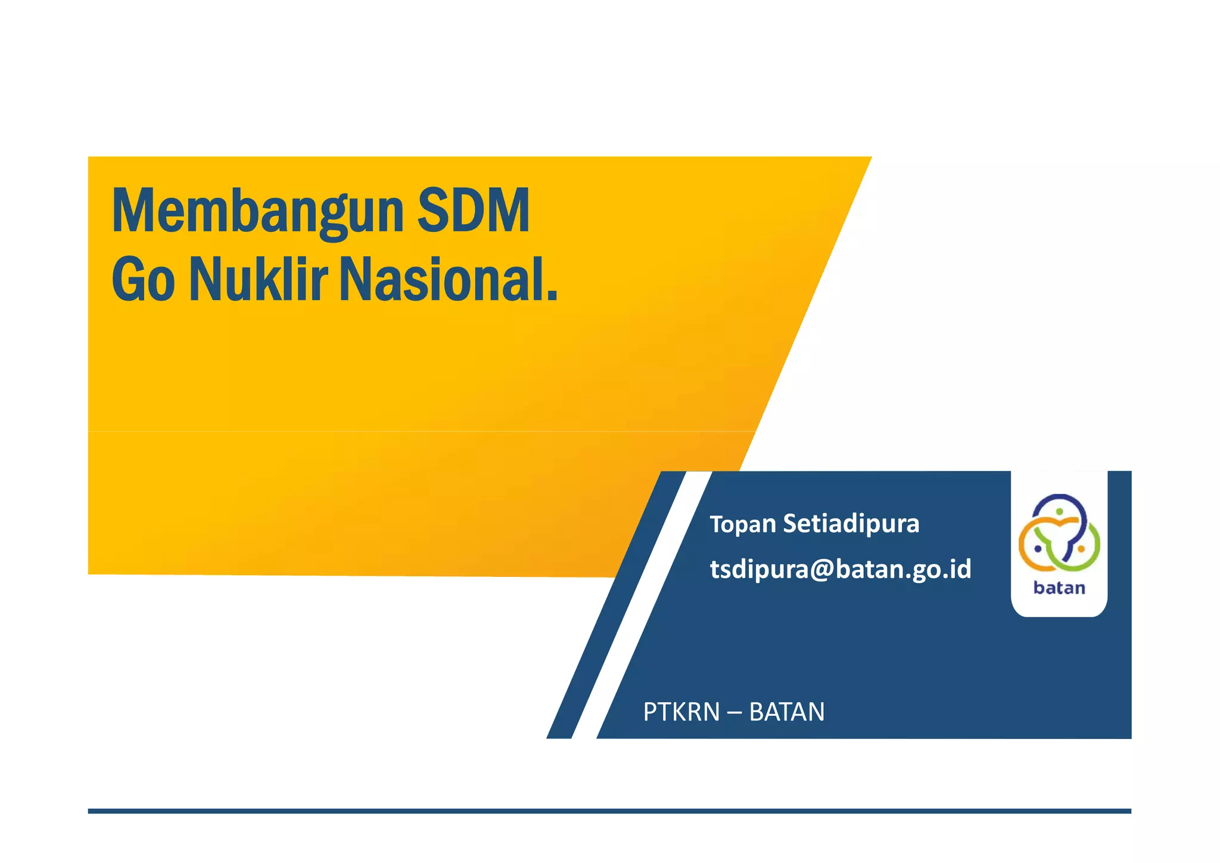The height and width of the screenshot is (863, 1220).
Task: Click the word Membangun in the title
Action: (x=258, y=212)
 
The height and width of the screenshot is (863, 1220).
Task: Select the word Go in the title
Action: (x=143, y=280)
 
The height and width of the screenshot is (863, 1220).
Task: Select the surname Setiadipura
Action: (x=851, y=523)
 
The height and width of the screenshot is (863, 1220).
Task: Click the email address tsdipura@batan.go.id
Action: (x=840, y=569)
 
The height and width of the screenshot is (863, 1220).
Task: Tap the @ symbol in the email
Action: (x=821, y=569)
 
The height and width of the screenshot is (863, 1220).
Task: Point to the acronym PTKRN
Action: (x=681, y=712)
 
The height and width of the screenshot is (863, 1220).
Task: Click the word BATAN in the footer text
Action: (x=786, y=712)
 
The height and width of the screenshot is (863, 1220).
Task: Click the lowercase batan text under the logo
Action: (x=1059, y=588)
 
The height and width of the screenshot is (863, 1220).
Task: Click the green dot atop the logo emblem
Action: (x=1059, y=511)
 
